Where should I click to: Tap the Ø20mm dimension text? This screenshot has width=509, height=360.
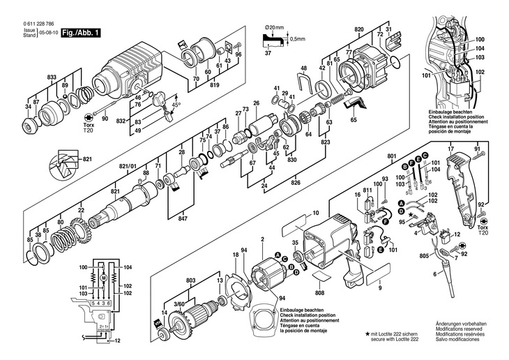276,27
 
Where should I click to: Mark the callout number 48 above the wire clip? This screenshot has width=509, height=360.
303,68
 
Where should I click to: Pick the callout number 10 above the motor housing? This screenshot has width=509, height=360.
315,212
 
